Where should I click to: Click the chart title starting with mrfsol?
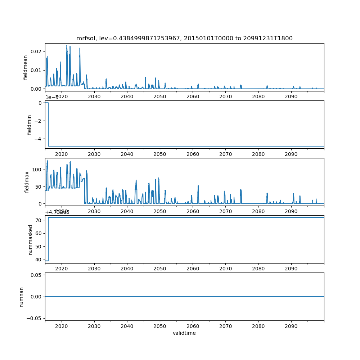pos(184,39)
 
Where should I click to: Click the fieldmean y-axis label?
pos(25,67)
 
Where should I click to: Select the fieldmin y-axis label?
pos(30,125)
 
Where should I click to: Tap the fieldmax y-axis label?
pos(27,182)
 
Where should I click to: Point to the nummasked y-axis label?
pos(31,239)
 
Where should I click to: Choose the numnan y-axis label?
pos(22,297)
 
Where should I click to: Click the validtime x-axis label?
pos(184,333)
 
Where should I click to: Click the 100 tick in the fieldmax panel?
pos(37,170)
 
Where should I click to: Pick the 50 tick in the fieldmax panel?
pos(39,186)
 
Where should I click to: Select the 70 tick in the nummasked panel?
pos(39,220)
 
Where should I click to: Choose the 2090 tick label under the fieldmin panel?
pos(291,154)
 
